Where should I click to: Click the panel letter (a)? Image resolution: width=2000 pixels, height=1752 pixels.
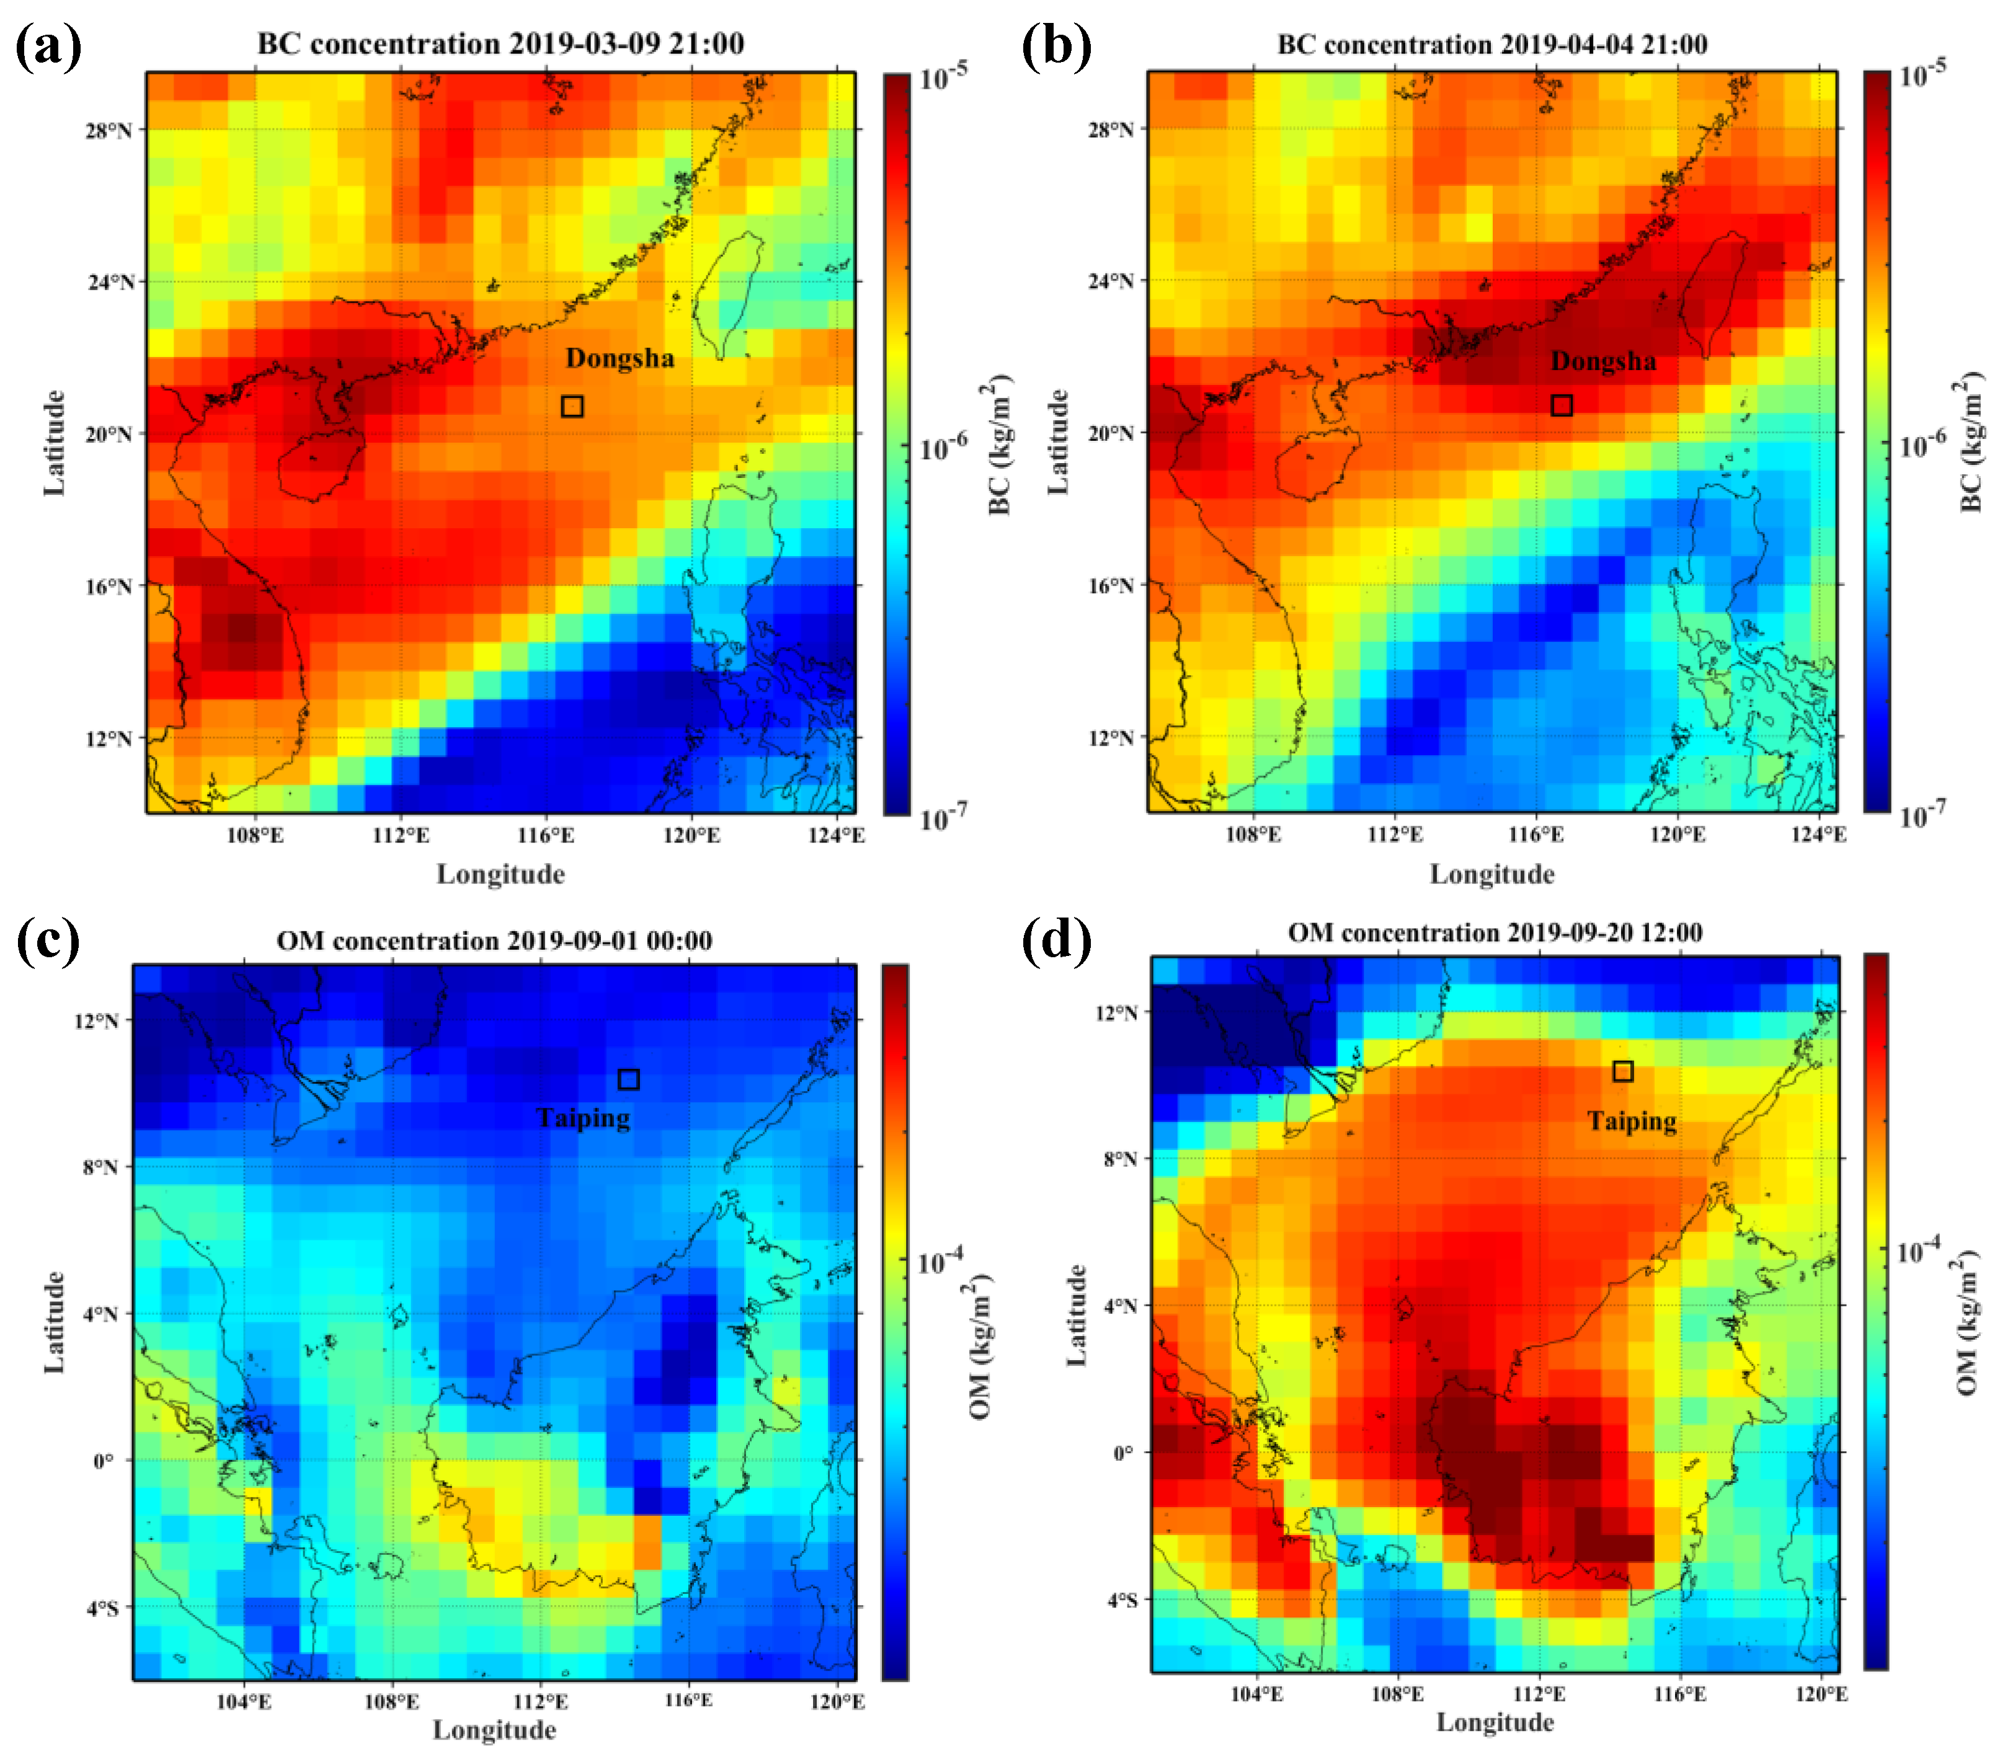pos(49,46)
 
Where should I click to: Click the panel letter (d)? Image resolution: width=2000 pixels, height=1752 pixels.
pos(1056,940)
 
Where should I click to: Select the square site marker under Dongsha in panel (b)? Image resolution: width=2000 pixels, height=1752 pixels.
pos(1562,405)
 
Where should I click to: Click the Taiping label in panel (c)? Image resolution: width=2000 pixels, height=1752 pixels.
pos(583,1118)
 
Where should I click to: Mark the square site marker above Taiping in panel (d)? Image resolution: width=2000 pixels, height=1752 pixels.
pos(1622,1071)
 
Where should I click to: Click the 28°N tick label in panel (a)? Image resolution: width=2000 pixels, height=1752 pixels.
pos(107,130)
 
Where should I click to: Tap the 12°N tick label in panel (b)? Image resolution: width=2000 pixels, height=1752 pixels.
pos(1110,737)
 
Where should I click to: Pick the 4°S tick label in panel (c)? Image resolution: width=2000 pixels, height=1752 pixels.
pos(102,1608)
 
